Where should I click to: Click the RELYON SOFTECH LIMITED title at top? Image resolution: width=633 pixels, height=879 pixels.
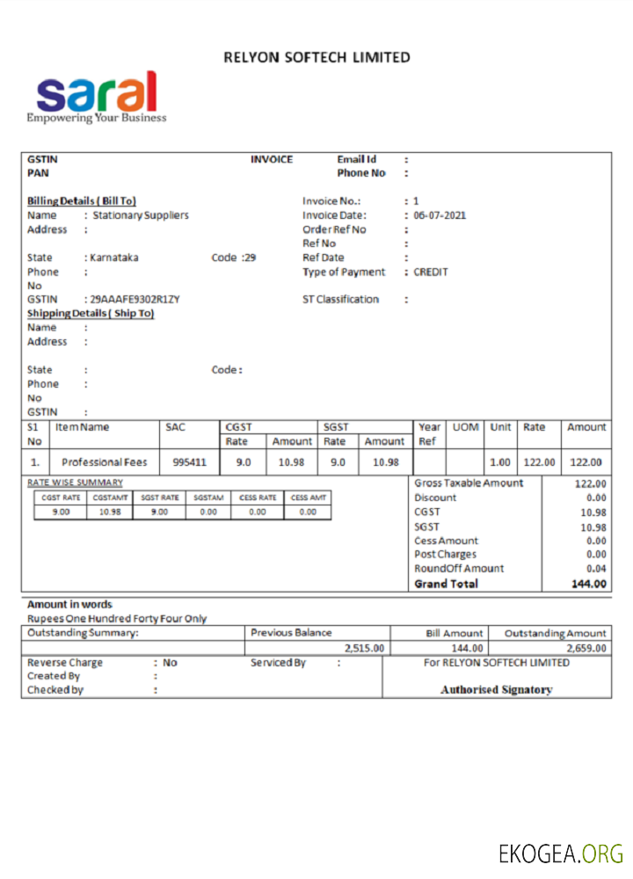pos(316,57)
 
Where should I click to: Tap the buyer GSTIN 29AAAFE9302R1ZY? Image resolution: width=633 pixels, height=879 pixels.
pos(135,299)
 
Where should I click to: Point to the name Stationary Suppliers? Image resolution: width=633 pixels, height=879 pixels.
pos(141,215)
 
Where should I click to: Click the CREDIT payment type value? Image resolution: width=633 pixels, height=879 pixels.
pos(431,272)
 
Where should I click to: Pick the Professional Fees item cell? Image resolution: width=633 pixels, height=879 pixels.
pos(105,462)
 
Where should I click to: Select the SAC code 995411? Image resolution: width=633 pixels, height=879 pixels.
pos(189,462)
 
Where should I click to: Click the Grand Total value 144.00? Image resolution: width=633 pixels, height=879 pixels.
pos(588,584)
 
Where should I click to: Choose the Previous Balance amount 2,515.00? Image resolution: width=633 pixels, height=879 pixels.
pos(364,648)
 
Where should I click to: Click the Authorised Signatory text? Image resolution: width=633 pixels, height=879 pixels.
pos(496,690)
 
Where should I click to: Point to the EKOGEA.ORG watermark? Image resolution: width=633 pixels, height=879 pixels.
pos(560,853)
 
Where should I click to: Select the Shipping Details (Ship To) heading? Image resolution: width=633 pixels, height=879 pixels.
pos(91,314)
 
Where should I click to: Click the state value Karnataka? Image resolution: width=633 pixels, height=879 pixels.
pos(114,258)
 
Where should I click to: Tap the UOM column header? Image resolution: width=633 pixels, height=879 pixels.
pos(465,427)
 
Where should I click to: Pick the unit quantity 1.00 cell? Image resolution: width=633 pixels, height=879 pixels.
pos(499,462)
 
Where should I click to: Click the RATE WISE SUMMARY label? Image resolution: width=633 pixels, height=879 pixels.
pos(75,483)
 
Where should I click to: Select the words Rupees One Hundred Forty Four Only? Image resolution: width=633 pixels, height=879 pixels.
pos(117,619)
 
